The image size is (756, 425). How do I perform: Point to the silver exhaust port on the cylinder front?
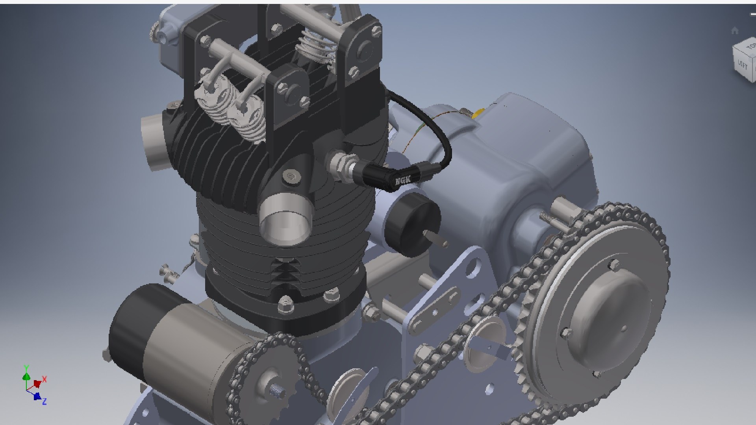pos(285,222)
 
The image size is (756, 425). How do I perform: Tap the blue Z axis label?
pos(44,401)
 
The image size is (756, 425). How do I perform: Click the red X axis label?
pos(44,379)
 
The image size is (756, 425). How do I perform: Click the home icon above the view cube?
pos(734,31)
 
